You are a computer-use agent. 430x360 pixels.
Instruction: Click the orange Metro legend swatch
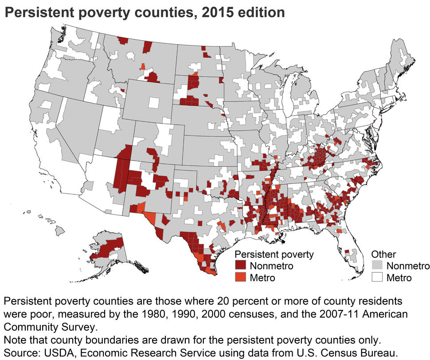coord(240,278)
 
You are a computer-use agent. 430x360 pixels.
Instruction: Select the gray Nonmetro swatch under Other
coord(377,266)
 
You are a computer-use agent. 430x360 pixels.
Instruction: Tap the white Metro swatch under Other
coord(377,278)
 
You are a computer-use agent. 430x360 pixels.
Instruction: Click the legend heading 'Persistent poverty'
coord(274,254)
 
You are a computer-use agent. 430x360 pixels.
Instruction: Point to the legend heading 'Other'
coord(383,254)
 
